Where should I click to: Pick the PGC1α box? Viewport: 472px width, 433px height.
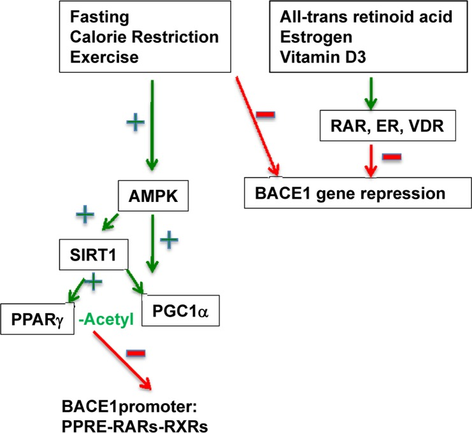tap(180, 311)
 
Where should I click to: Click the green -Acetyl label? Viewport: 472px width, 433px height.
tap(106, 319)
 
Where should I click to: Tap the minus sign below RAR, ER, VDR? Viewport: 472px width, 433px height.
tap(390, 157)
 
